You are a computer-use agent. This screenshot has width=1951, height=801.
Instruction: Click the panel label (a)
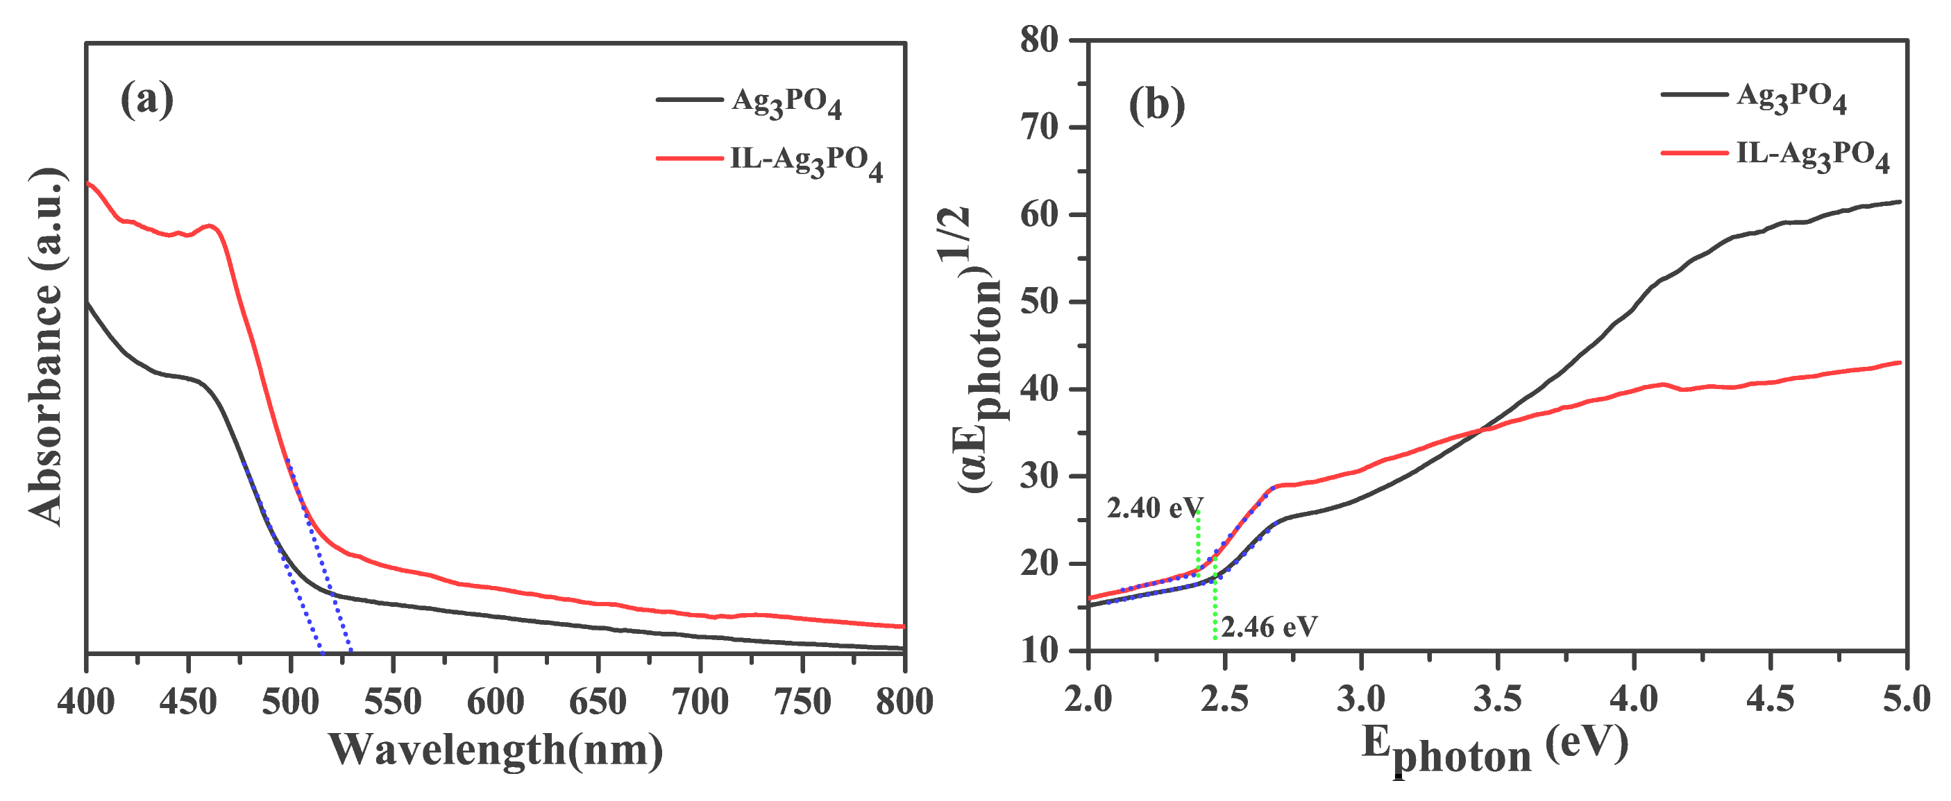click(x=147, y=99)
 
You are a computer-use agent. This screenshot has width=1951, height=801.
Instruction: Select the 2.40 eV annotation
click(x=1154, y=508)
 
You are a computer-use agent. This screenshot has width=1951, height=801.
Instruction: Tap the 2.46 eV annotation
click(x=1269, y=626)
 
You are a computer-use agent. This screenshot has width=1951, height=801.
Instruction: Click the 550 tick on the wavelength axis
click(x=393, y=702)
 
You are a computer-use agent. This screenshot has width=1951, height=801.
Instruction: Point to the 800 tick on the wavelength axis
click(x=904, y=702)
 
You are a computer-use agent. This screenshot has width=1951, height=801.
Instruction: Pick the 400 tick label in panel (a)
click(x=86, y=702)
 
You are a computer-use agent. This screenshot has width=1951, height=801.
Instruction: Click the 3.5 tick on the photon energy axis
click(x=1497, y=698)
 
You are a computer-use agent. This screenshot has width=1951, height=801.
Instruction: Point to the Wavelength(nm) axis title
click(x=496, y=750)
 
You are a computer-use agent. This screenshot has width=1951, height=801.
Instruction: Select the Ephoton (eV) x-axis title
click(x=1495, y=750)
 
